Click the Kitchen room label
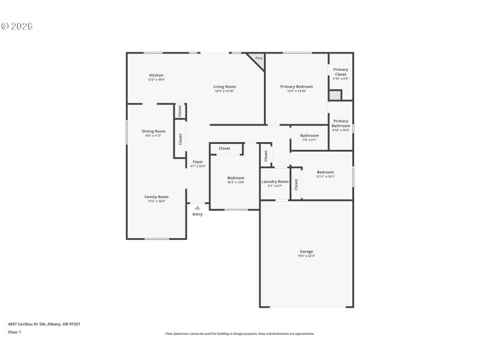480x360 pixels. coord(156,75)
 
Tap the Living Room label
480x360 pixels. coord(224,86)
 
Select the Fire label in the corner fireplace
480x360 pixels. coord(259,58)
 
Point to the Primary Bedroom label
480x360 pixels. coord(296,86)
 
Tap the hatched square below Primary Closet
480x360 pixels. coord(334,95)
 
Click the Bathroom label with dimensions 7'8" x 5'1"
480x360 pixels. coord(310,135)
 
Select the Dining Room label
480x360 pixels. coord(154,131)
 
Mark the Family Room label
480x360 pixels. coord(156,196)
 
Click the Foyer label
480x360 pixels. coord(197,161)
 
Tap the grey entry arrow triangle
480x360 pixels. coord(197,207)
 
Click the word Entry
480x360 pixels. coord(197,214)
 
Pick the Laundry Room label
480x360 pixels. coord(275,181)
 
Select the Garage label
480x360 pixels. coord(306,251)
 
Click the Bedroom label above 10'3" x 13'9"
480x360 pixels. coord(236,178)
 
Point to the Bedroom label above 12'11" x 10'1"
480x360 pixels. coord(325,172)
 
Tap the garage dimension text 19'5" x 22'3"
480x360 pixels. coord(306,256)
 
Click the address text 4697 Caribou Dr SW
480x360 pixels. coord(30,324)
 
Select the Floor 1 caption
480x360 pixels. coord(14,332)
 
